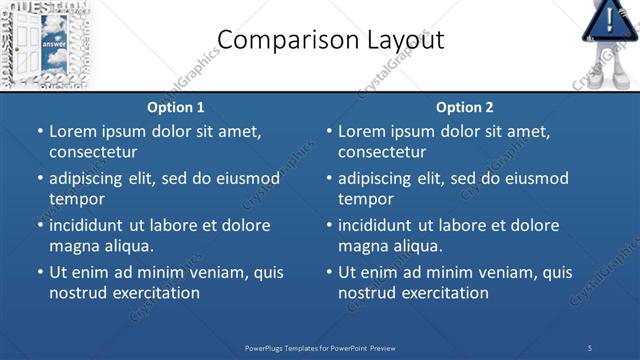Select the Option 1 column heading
pyautogui.click(x=176, y=107)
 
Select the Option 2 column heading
pyautogui.click(x=465, y=107)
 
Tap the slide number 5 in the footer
pyautogui.click(x=590, y=348)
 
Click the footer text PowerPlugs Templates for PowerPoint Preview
pyautogui.click(x=320, y=348)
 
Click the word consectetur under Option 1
pyautogui.click(x=93, y=152)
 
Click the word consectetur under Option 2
pyautogui.click(x=382, y=152)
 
